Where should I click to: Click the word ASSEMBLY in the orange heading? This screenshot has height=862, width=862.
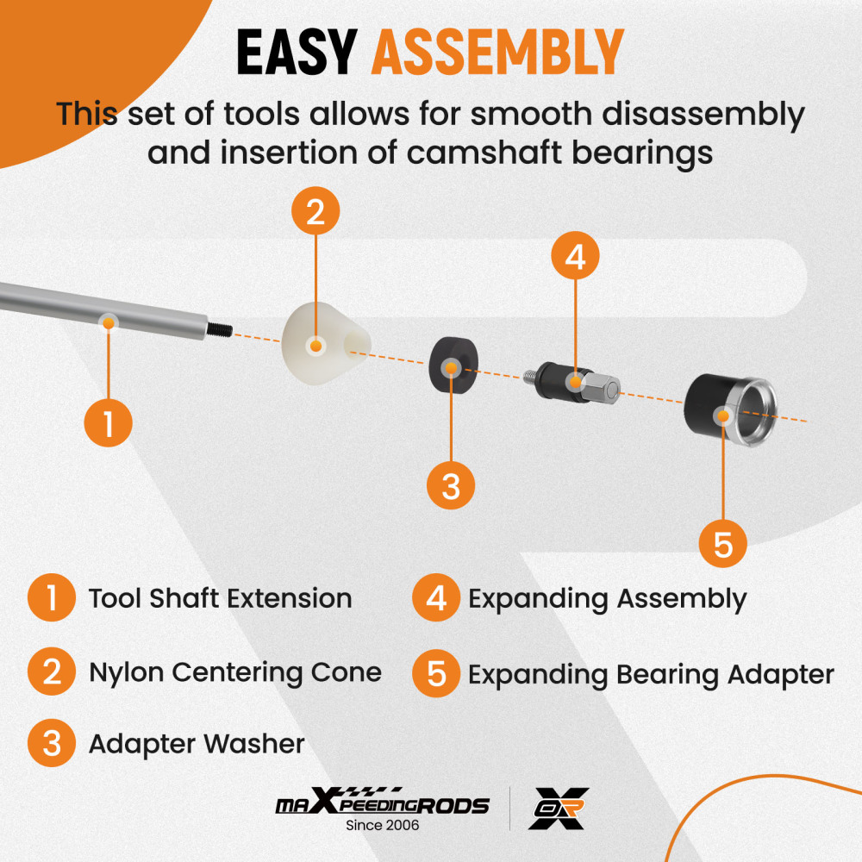coord(497,52)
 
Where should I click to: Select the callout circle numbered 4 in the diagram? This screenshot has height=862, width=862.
coord(576,256)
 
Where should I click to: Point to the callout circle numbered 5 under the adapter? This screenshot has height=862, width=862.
coord(722,544)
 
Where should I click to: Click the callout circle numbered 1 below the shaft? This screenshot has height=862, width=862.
coord(108,423)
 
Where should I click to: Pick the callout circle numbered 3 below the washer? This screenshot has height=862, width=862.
coord(451,485)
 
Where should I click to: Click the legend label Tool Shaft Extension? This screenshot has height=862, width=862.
coord(220,598)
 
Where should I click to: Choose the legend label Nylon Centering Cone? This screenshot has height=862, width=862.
coord(235,671)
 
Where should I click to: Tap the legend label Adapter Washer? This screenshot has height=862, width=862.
coord(197,744)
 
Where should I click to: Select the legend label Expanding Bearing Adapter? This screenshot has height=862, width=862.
coord(651,674)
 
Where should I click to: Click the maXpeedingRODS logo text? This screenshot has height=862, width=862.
coord(382,805)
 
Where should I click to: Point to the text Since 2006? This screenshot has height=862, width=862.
coord(382,826)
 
